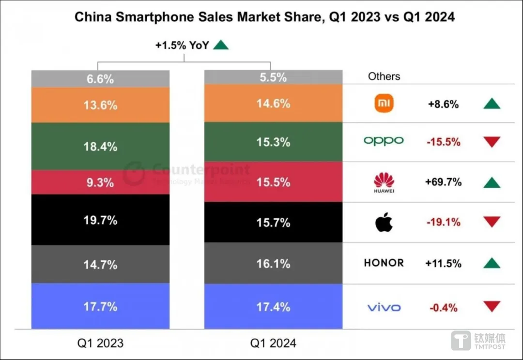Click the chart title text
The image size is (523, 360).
click(x=264, y=17)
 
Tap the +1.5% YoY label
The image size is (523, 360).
click(x=182, y=45)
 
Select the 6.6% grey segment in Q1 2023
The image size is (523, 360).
click(x=100, y=79)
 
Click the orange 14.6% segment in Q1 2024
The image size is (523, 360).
click(x=273, y=104)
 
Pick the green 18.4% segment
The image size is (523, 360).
click(x=100, y=146)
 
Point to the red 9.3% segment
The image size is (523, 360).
click(x=100, y=182)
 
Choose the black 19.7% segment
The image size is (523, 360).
click(x=100, y=220)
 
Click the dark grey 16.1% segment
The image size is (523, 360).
click(x=273, y=263)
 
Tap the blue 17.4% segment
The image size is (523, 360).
click(x=273, y=307)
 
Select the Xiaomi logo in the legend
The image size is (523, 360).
click(x=384, y=104)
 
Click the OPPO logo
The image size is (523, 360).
click(x=384, y=141)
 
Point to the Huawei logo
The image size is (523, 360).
click(x=384, y=182)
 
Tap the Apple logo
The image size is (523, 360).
click(x=384, y=223)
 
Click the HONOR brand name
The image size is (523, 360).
click(x=384, y=263)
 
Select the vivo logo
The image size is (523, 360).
click(x=384, y=307)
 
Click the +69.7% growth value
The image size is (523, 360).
click(x=443, y=182)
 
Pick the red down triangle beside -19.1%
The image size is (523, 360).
click(x=492, y=223)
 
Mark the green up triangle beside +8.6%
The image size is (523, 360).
click(x=492, y=104)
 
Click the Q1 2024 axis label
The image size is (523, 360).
click(x=273, y=343)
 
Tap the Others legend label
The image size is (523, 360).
click(x=384, y=76)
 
